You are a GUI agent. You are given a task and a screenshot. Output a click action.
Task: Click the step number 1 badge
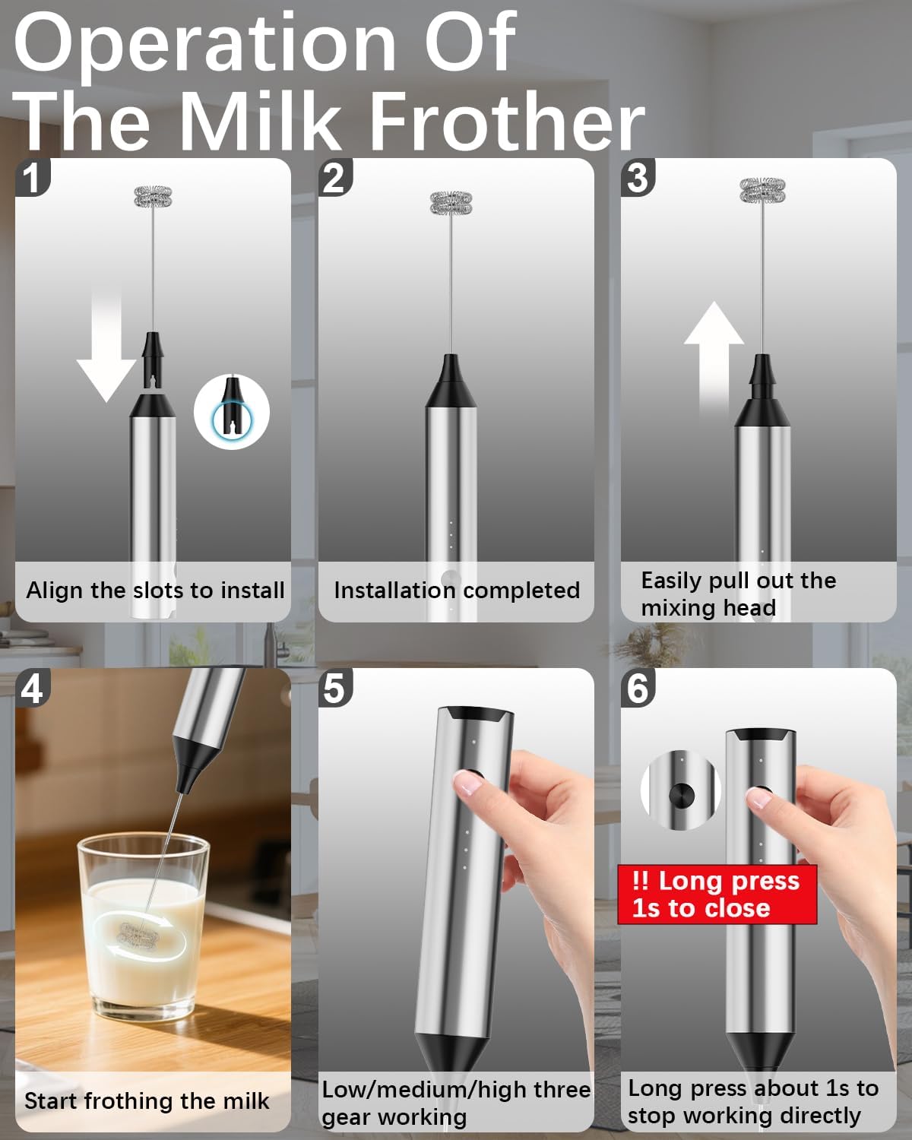31,177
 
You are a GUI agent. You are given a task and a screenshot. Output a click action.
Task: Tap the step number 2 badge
334,177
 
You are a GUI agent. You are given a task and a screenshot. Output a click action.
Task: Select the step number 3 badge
638,177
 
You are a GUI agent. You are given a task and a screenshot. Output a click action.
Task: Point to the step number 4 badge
31,688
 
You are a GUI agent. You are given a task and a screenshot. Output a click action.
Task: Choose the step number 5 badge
334,688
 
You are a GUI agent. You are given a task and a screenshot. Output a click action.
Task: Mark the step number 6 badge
638,688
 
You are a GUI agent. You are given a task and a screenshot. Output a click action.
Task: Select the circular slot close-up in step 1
232,412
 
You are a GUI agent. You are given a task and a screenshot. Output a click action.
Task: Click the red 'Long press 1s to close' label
716,894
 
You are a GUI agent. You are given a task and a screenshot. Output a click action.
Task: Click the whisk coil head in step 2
451,203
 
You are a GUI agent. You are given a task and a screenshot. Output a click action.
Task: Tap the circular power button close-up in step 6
680,795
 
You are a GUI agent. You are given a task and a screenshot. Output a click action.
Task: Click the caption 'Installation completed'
456,591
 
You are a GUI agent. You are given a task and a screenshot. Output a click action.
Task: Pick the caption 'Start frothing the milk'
147,1101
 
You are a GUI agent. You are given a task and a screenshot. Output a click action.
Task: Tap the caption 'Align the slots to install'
155,591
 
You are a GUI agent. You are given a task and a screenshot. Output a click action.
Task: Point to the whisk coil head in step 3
762,190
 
